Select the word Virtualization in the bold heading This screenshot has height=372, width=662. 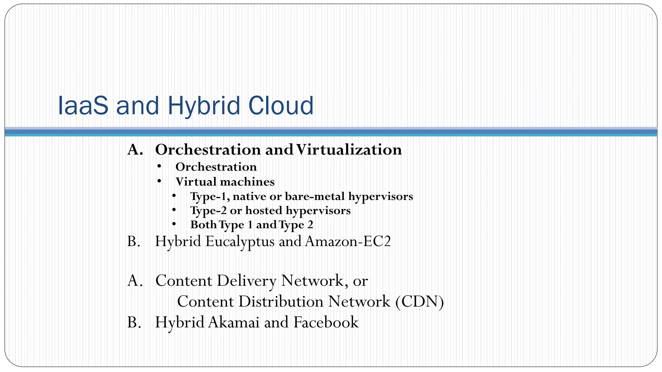pos(349,150)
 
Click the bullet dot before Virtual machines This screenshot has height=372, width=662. pos(159,181)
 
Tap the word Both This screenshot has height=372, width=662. pos(203,225)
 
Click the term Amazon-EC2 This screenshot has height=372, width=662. pos(347,241)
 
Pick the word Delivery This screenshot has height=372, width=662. pos(246,280)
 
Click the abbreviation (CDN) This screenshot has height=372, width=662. pos(419,301)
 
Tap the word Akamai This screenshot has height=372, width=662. pos(234,322)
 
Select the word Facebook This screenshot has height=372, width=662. pos(326,322)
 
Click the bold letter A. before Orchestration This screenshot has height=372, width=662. pos(135,150)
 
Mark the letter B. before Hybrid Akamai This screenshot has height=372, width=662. pos(134,322)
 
